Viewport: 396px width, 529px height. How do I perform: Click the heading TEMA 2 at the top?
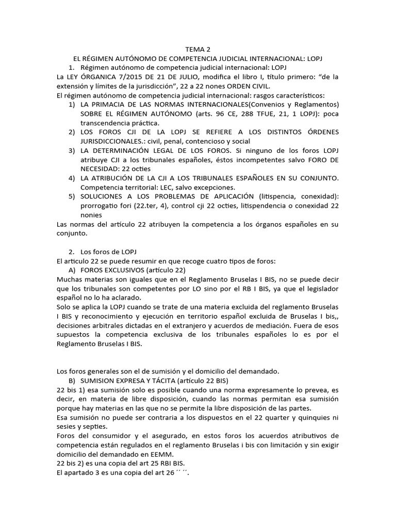(198, 49)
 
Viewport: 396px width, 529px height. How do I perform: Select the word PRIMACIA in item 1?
(115, 105)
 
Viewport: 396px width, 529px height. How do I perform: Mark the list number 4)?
(72, 179)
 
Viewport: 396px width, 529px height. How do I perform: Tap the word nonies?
(91, 215)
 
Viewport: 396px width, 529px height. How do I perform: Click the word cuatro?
(195, 261)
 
